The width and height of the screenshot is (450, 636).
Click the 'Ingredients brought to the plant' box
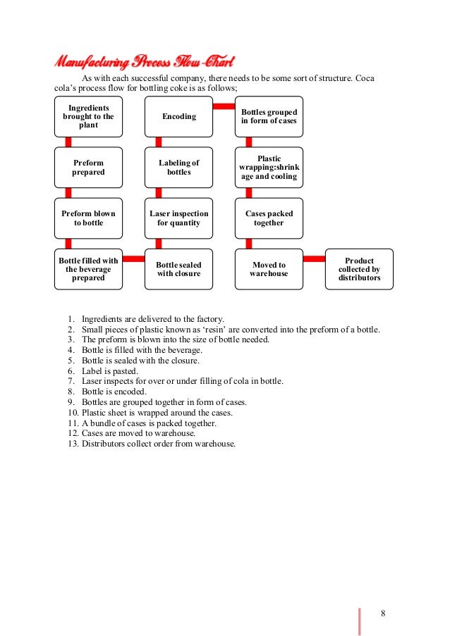(x=88, y=116)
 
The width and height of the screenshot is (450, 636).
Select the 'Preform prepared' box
(x=88, y=167)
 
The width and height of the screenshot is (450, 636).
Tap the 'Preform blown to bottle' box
(x=88, y=218)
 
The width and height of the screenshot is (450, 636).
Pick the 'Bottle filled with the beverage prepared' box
(x=88, y=269)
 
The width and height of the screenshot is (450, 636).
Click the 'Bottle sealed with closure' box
(x=178, y=269)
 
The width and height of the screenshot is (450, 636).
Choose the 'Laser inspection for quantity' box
(x=178, y=218)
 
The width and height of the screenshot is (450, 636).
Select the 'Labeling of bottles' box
(x=178, y=167)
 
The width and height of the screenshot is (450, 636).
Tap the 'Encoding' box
(x=178, y=116)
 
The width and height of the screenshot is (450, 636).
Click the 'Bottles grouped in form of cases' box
(x=269, y=116)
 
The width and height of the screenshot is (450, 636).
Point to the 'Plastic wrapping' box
(x=269, y=167)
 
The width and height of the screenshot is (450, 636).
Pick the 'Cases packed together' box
(x=269, y=218)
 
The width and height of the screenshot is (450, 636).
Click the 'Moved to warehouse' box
(x=269, y=269)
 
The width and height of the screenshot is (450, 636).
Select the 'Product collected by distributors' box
(x=359, y=269)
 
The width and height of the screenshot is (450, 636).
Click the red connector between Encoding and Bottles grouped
(x=224, y=106)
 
